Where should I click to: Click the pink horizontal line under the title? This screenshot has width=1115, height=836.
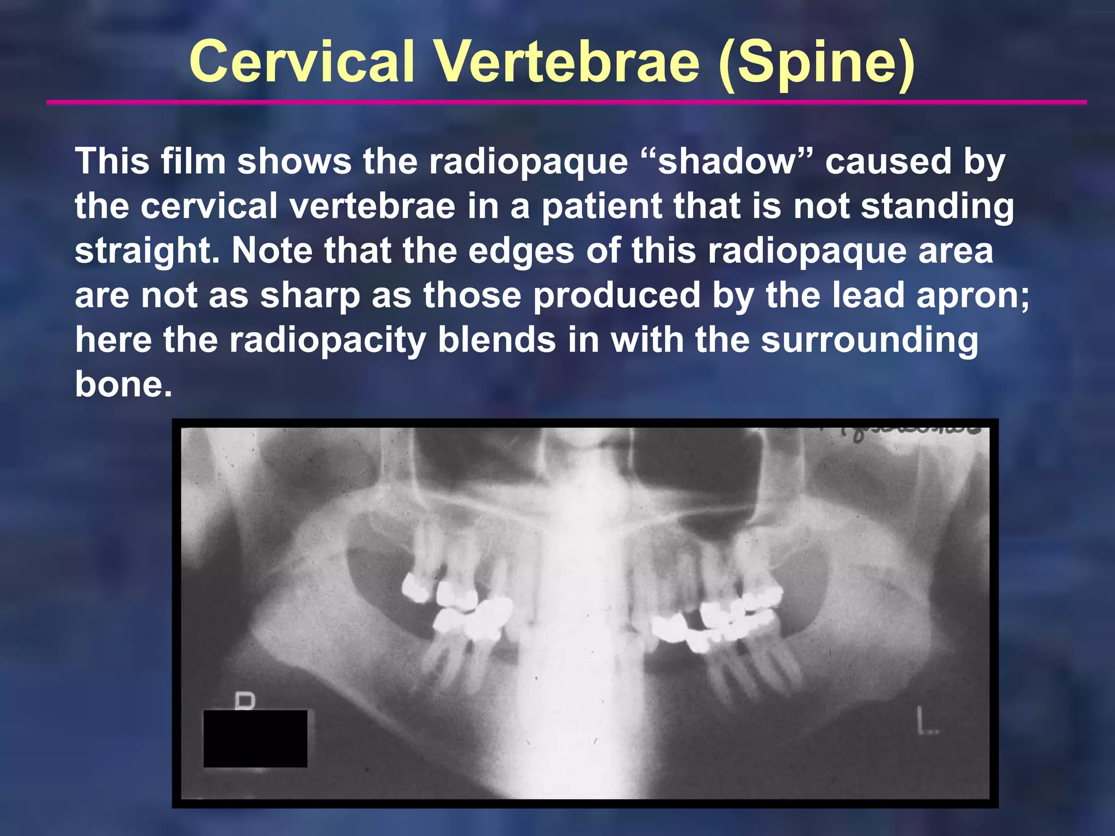point(566,102)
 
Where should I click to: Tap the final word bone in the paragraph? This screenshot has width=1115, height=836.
point(123,384)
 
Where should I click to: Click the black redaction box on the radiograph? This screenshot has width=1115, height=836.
point(255,739)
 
